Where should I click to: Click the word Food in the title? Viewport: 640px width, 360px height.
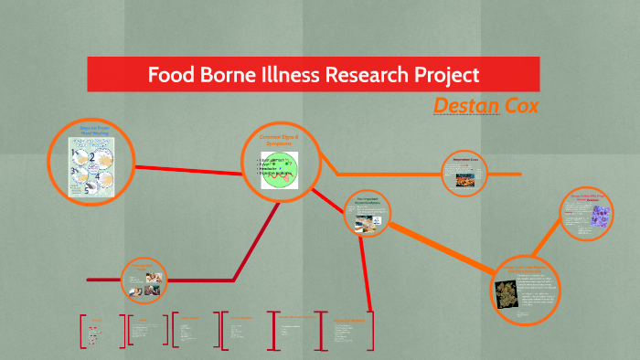pyautogui.click(x=174, y=74)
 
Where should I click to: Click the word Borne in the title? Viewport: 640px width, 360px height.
pyautogui.click(x=240, y=74)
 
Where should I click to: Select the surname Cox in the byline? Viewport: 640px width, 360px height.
pyautogui.click(x=521, y=106)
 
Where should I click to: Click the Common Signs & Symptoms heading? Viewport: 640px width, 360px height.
pyautogui.click(x=277, y=139)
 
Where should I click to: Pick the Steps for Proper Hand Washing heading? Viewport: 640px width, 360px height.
pyautogui.click(x=94, y=132)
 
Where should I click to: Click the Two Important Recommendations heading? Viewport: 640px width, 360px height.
pyautogui.click(x=368, y=203)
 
